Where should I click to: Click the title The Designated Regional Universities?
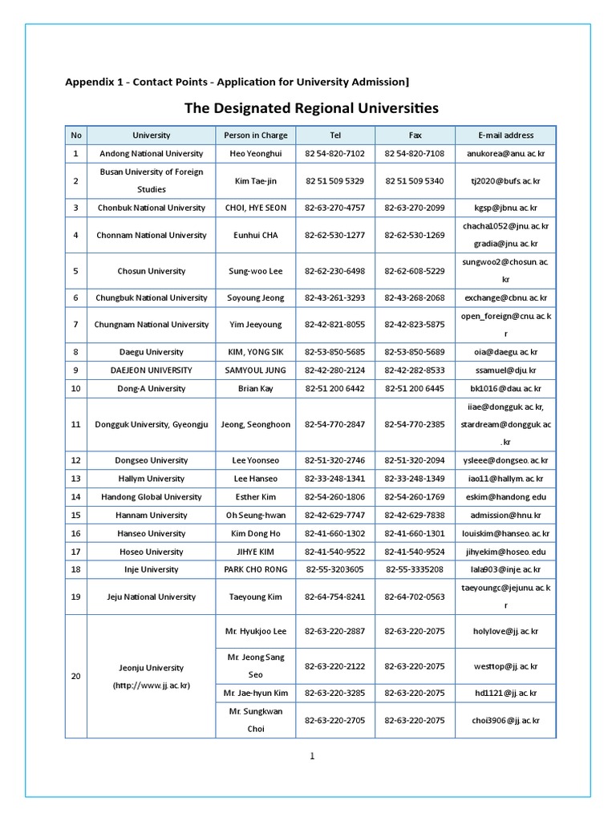311,107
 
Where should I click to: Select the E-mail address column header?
505,135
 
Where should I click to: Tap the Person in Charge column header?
255,135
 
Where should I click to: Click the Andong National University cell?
152,153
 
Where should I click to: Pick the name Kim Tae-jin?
255,181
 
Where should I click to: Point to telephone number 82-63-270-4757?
334,208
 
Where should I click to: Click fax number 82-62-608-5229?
415,271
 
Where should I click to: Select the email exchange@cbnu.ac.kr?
505,297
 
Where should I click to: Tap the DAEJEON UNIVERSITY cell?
152,370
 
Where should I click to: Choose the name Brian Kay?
255,388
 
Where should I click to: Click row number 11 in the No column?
75,425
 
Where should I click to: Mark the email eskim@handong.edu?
505,497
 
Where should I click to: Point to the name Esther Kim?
255,497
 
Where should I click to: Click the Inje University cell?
152,569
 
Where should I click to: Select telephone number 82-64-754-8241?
334,597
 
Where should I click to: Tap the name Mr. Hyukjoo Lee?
255,632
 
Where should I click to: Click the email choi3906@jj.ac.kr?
505,720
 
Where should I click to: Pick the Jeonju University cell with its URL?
152,677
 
